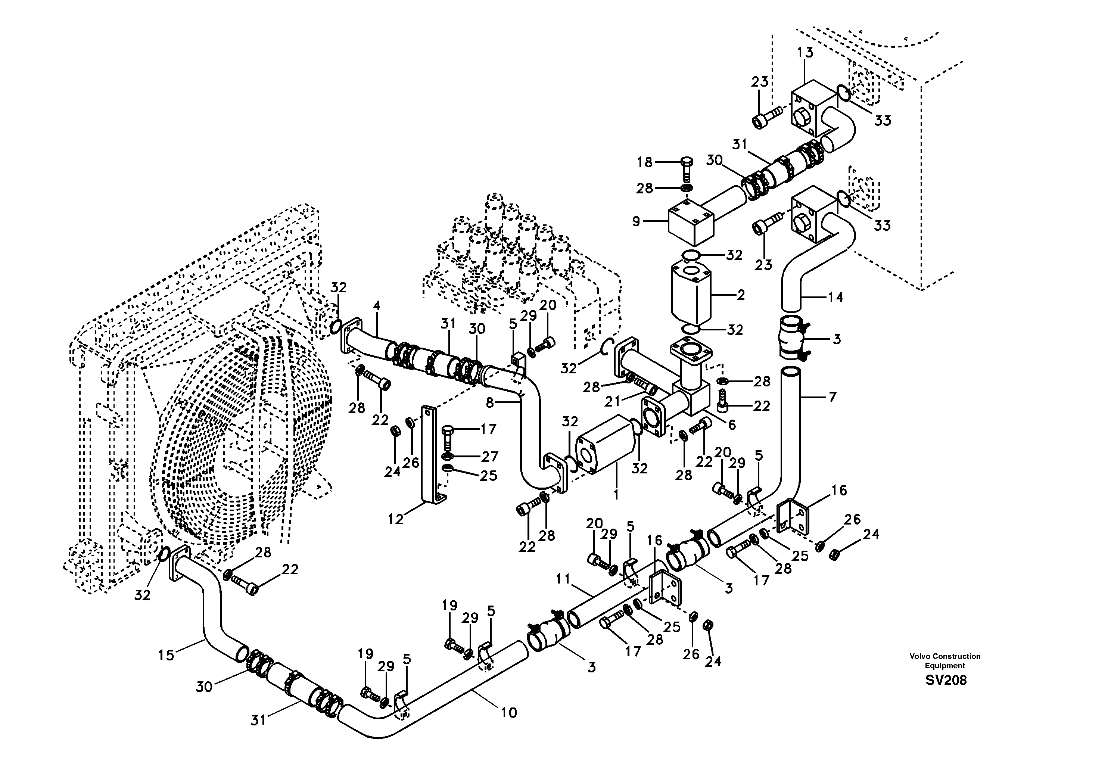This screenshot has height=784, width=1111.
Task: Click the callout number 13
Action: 805,52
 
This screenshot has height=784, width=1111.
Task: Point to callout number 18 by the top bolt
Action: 644,162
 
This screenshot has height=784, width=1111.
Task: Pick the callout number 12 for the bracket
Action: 395,519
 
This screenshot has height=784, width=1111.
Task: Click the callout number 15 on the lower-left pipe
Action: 166,655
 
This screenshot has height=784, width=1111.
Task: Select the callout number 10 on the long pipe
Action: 508,712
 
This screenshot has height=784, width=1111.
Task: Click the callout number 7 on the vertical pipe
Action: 832,397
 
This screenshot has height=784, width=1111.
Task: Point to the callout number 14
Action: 835,297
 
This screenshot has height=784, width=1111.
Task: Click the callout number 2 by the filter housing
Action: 740,294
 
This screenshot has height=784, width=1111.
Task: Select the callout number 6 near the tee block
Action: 732,425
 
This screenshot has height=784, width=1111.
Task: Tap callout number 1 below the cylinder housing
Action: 616,495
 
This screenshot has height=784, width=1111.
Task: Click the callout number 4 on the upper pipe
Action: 376,306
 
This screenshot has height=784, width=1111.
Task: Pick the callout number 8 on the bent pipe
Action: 490,402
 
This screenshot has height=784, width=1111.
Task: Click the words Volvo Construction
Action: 944,656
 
